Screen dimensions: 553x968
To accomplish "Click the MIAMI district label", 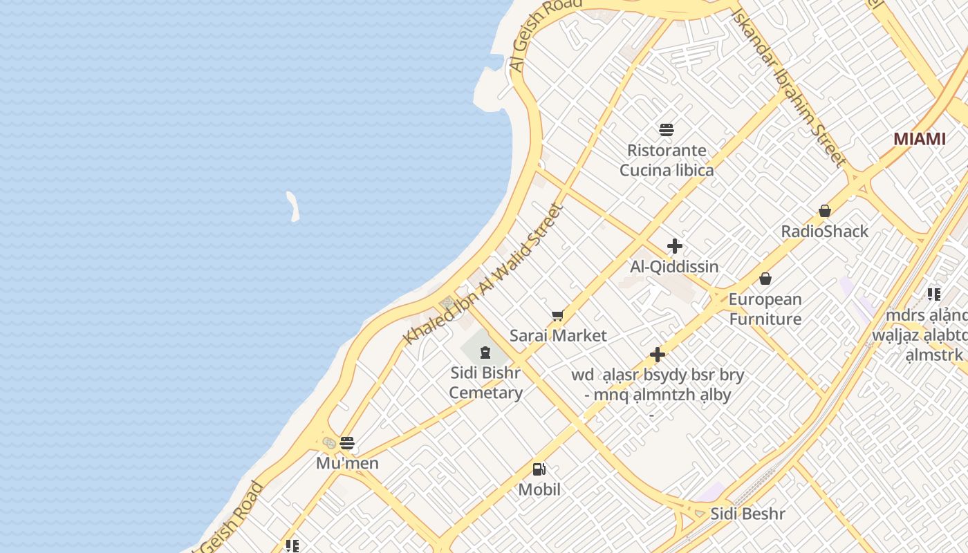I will click(x=919, y=139).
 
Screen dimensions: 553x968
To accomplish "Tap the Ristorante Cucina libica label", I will click(x=667, y=160).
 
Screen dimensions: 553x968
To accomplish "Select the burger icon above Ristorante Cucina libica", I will click(x=667, y=129).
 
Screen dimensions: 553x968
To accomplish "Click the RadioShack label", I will click(x=824, y=232).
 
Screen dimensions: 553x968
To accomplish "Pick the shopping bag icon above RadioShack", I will click(x=824, y=210).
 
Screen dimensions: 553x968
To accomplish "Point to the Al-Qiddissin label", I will click(x=674, y=267).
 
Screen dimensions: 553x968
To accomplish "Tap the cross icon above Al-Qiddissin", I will click(x=674, y=246).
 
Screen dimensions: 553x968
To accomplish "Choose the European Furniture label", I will click(x=765, y=309).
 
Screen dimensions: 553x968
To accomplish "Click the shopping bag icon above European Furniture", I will click(x=765, y=279).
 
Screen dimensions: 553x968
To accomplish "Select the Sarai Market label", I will click(x=558, y=336).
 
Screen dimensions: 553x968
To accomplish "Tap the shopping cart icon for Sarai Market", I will click(x=558, y=315).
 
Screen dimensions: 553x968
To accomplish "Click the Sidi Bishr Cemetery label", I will click(x=485, y=383).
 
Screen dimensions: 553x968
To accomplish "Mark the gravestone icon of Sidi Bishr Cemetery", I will click(x=485, y=353).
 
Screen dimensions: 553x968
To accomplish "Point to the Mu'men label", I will click(x=347, y=463).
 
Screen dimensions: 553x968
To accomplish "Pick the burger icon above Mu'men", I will click(x=347, y=443).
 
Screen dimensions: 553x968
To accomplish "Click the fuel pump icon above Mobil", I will click(x=539, y=469).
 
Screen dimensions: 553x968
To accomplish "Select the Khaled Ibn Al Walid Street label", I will click(x=484, y=274).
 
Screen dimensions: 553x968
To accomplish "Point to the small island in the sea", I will click(x=293, y=207).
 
